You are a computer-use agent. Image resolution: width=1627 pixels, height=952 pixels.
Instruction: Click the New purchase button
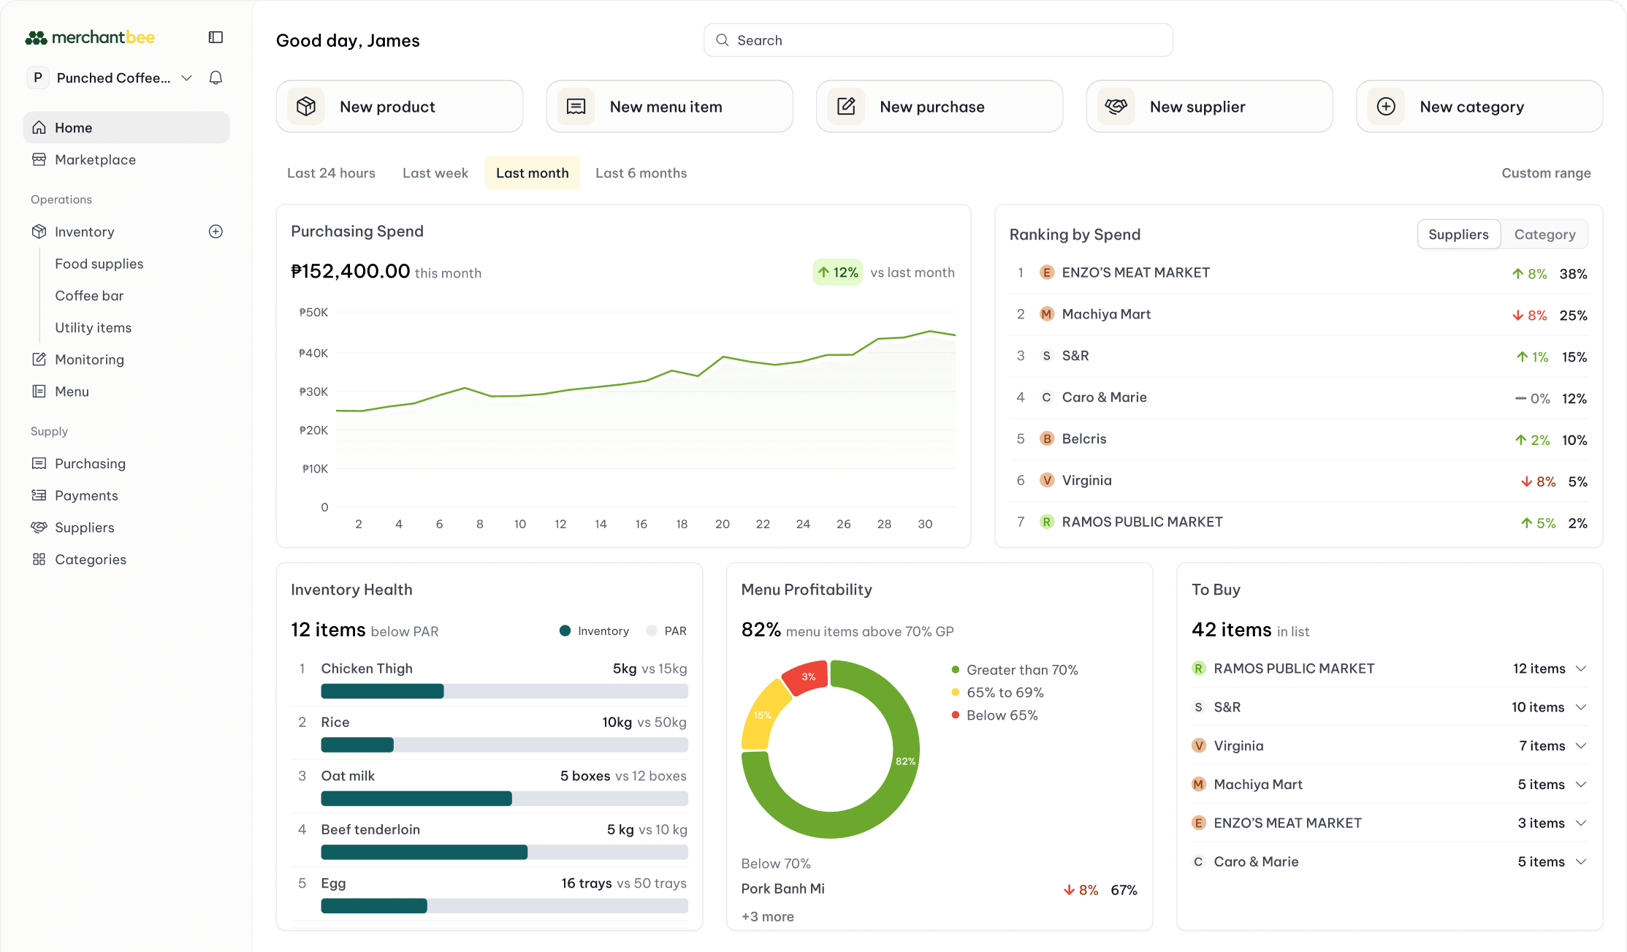click(939, 107)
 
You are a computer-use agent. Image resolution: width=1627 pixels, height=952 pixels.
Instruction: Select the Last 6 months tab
click(641, 173)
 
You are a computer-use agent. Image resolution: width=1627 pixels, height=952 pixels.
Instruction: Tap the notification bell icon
click(216, 77)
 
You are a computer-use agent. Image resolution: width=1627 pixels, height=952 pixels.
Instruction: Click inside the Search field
click(939, 40)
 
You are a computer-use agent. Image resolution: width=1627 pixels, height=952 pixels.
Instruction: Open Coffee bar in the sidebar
click(89, 296)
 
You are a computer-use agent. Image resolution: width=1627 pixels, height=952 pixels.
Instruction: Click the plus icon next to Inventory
click(216, 232)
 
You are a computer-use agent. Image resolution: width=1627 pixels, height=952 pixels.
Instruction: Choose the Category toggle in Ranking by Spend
click(1544, 235)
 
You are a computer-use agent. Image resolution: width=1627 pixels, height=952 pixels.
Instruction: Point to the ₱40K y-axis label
click(313, 353)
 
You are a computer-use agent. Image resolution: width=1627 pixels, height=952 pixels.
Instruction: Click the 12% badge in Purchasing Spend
click(838, 273)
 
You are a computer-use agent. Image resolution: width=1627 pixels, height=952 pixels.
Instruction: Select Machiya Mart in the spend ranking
click(1106, 314)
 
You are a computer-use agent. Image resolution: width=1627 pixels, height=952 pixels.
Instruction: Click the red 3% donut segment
click(806, 677)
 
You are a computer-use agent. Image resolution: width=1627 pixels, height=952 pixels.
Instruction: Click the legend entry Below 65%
click(1002, 715)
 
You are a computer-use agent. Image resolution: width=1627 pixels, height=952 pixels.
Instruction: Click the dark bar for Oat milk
click(416, 799)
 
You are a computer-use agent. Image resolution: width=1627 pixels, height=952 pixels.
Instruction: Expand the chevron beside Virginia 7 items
click(1581, 746)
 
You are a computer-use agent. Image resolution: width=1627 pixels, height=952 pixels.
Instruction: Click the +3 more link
click(767, 916)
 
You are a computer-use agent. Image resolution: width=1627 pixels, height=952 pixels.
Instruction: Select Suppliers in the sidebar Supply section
click(84, 528)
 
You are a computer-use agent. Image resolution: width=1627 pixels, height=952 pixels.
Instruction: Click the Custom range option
click(1546, 173)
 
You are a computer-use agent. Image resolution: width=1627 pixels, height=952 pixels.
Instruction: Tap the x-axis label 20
click(722, 524)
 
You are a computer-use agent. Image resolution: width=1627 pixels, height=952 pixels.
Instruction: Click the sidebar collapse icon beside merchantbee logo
click(216, 37)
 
